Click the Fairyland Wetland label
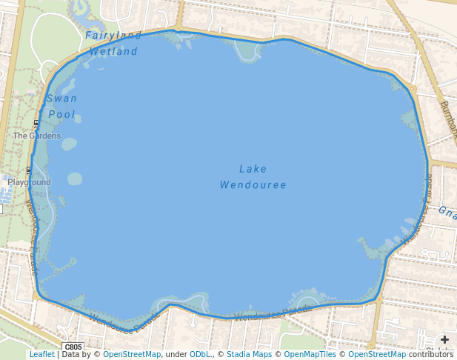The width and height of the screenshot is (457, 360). pos(113,43)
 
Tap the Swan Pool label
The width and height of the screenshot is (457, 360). pos(61,106)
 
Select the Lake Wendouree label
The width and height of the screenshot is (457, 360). pos(253,176)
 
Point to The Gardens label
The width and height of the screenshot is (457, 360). pos(36,136)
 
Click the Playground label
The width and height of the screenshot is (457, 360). pos(30,182)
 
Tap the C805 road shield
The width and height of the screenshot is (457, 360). pos(73,347)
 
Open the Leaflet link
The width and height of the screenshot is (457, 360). pos(41,355)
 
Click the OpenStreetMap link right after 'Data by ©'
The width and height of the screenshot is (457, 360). pos(131,355)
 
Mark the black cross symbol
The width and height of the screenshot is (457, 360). pos(444,339)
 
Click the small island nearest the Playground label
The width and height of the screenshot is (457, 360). pos(75,179)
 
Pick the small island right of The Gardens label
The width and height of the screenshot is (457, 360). pos(69,144)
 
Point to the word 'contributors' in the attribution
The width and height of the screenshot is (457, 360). pos(430,355)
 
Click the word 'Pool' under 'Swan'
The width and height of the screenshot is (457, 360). pos(61,115)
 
